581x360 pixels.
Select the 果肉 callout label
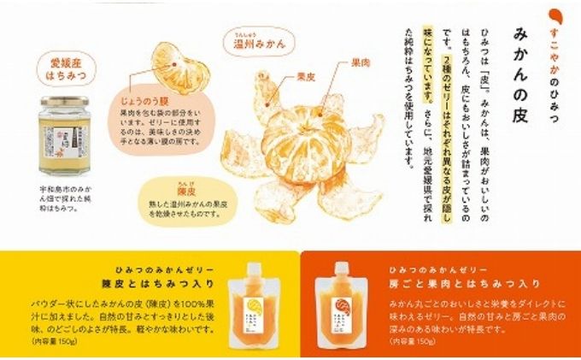coord(360,63)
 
